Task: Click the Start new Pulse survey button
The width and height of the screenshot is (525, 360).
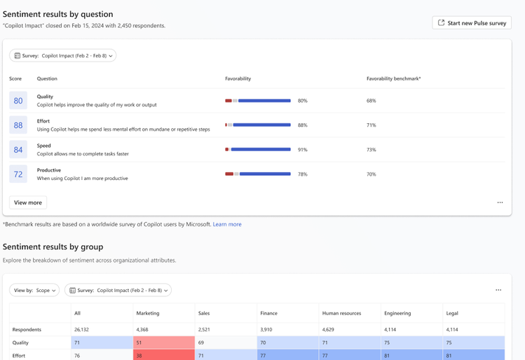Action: pos(472,23)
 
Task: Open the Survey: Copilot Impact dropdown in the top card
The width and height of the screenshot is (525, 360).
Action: pos(62,55)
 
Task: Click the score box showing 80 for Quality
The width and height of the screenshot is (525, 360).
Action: pos(18,101)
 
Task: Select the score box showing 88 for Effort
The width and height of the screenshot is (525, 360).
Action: pos(18,125)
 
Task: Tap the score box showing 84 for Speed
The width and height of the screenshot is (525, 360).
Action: pos(18,150)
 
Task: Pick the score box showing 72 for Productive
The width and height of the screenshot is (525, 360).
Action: pos(18,174)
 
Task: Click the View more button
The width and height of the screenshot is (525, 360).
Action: pos(28,202)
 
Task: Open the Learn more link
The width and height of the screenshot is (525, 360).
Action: pos(227,224)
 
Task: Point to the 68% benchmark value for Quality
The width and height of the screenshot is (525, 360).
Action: pos(371,101)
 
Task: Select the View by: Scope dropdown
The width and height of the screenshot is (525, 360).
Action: pos(34,290)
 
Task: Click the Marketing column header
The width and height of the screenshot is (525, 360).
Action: pos(148,313)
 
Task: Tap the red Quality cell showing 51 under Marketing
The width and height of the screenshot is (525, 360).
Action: pos(163,342)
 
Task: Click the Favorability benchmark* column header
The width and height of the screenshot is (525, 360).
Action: pos(393,78)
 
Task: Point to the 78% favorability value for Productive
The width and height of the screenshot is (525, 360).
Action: pos(303,174)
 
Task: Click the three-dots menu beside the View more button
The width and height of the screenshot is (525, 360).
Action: pos(500,202)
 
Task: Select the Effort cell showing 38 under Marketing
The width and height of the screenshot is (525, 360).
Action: pos(163,355)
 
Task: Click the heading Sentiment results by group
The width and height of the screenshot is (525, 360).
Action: pos(53,247)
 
